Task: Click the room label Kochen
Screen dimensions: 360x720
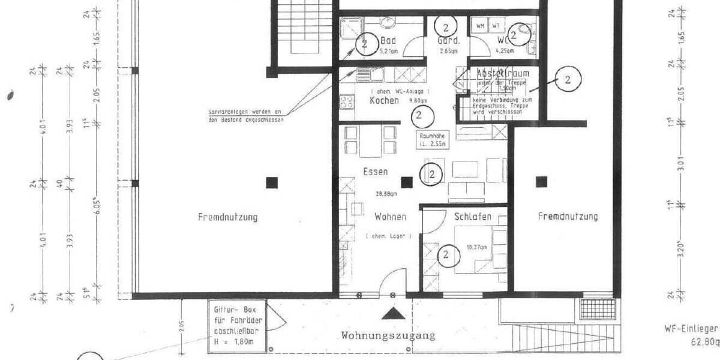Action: tap(384, 101)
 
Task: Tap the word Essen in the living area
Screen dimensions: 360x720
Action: tap(375, 172)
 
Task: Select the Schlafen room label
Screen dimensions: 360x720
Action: tap(473, 217)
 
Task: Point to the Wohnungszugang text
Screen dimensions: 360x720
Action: tap(388, 335)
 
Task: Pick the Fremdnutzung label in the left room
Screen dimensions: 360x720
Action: tap(227, 217)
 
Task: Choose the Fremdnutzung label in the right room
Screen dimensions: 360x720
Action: tap(568, 217)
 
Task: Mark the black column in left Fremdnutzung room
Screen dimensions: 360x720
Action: tap(272, 181)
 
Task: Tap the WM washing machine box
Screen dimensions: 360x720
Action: tap(480, 26)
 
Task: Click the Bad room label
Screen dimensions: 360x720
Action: tap(388, 41)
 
